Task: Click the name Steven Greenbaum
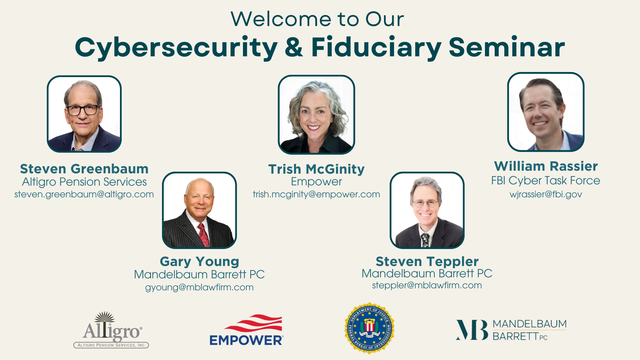(84, 169)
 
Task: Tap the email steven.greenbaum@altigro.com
(84, 194)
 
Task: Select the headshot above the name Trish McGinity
(316, 114)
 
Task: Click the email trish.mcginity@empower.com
(316, 194)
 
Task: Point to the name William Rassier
(546, 166)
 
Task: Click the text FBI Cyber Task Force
(546, 181)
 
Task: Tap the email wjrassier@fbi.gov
(546, 194)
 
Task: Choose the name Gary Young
(199, 262)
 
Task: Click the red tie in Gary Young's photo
(203, 235)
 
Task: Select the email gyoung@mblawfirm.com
(199, 287)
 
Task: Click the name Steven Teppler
(427, 262)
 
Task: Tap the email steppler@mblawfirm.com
(427, 285)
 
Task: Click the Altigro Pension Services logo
(111, 330)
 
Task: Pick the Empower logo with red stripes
(247, 330)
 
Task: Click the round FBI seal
(369, 328)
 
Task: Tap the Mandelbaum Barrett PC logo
(511, 330)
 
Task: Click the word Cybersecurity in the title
(176, 48)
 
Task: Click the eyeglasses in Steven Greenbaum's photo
(83, 110)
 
